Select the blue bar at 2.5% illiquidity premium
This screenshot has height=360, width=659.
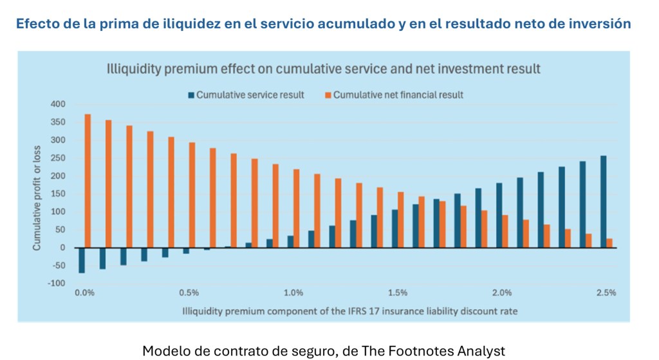pos(603,202)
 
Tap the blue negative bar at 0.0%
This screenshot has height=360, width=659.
pos(82,260)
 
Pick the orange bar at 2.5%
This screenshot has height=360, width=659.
pos(609,243)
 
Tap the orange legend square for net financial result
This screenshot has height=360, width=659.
pos(327,95)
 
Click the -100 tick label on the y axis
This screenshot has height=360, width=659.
pos(57,283)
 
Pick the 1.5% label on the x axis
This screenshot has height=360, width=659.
pos(398,293)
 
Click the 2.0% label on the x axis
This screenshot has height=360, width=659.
pos(502,293)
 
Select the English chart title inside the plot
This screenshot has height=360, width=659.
pos(323,68)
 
